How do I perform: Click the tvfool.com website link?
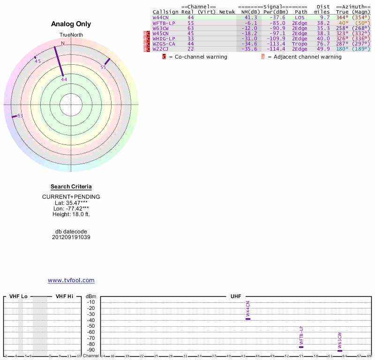point(71,280)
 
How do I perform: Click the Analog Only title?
point(71,24)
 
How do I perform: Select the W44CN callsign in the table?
point(160,17)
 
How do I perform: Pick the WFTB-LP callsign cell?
point(164,22)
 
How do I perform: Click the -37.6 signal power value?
point(277,17)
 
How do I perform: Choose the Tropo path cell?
point(300,44)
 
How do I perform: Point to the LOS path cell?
point(300,17)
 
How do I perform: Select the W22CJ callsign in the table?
point(160,49)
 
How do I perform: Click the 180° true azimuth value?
point(342,49)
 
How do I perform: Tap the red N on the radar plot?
point(63,43)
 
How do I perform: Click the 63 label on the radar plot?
point(20,116)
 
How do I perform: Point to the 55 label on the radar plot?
point(103,67)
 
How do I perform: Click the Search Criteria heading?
point(71,187)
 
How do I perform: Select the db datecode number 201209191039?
point(71,237)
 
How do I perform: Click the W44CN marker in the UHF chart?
point(248,319)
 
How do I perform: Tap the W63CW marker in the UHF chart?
point(340,351)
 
